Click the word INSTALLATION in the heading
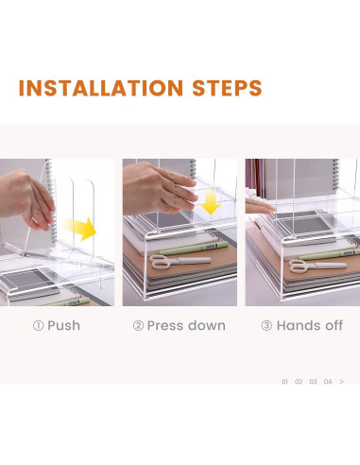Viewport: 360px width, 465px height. tap(101, 88)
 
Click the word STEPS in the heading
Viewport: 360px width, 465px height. tap(227, 88)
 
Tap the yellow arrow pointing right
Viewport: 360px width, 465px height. tap(81, 229)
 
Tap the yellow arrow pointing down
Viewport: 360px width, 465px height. tap(210, 202)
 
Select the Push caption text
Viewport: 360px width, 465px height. tap(63, 325)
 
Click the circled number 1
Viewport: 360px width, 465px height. tap(38, 326)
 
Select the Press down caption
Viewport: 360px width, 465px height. tap(186, 326)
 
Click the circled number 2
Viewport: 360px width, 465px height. tap(138, 326)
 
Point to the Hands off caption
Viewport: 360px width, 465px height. tap(310, 325)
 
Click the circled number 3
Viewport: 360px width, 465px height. tap(266, 325)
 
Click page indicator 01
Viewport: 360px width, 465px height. tap(284, 382)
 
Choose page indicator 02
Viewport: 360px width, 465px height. tap(299, 382)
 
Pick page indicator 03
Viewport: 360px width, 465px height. tap(313, 382)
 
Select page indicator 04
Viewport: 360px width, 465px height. tap(328, 382)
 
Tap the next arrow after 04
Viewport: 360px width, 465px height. tap(342, 382)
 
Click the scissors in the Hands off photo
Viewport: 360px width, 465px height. tap(317, 266)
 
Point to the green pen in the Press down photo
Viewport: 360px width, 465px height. tap(194, 248)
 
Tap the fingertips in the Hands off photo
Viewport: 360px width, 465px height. tap(259, 206)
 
